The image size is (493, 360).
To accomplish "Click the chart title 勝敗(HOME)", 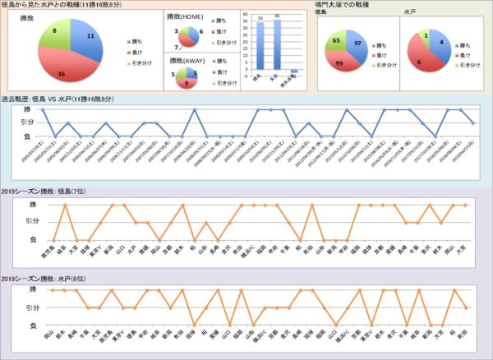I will tap(187, 16).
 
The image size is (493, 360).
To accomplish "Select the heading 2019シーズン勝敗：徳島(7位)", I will tap(48, 190).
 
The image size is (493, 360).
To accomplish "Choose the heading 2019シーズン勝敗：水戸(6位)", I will tap(48, 279).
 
